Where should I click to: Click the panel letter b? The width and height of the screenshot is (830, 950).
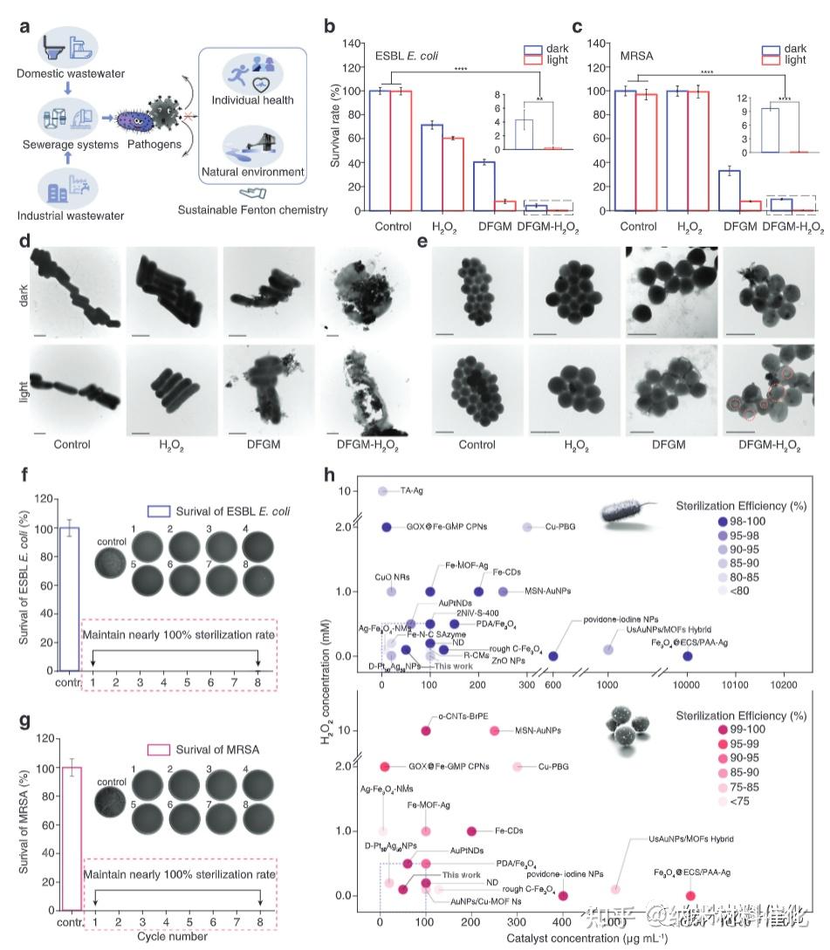pos(330,25)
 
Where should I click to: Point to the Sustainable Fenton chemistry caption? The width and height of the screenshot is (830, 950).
pos(252,209)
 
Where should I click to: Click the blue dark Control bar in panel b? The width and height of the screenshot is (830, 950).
pos(379,150)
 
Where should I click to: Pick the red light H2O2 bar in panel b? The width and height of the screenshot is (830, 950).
pos(452,174)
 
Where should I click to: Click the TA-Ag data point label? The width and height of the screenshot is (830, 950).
pos(419,491)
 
